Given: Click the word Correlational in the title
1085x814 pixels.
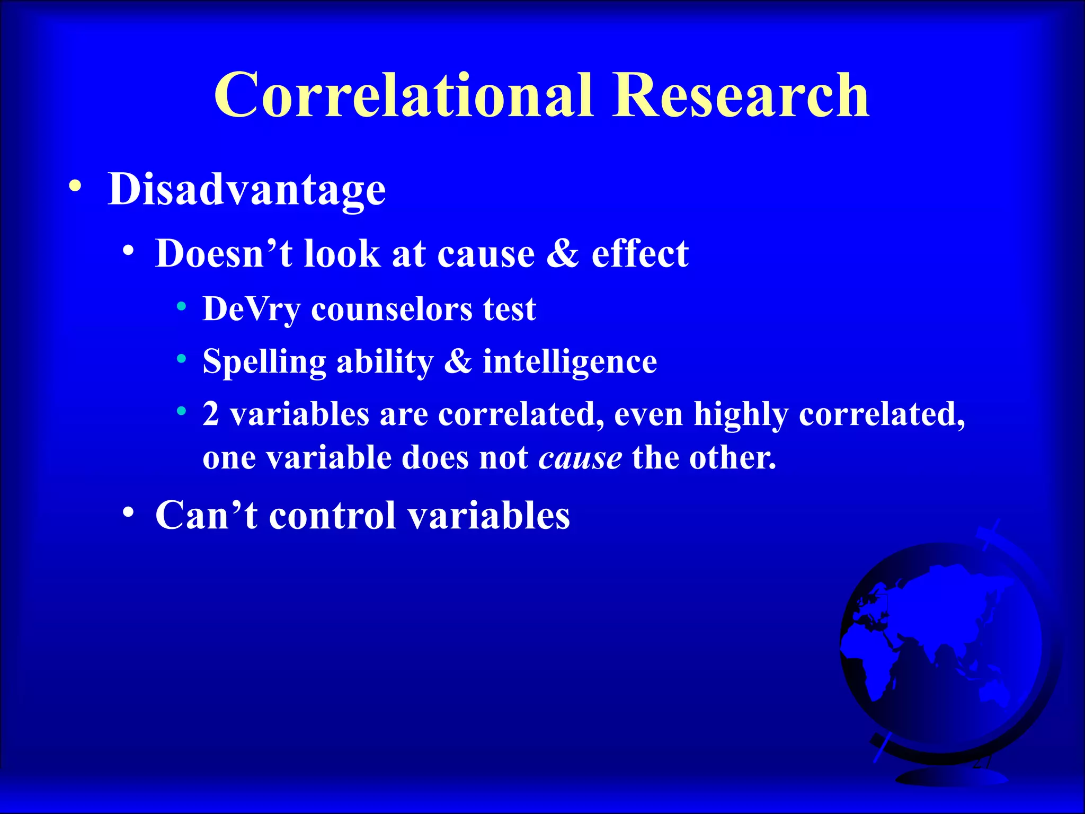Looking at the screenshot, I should [403, 96].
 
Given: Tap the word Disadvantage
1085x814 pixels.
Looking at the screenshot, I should [246, 189].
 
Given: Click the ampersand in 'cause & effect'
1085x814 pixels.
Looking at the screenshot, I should [563, 253].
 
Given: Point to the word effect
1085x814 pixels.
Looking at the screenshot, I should [639, 253].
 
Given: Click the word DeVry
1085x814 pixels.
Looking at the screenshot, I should [251, 309].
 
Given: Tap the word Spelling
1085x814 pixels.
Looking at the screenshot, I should [264, 362].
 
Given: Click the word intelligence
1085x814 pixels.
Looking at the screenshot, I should [570, 361].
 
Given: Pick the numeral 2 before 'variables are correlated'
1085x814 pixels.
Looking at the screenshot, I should [211, 414].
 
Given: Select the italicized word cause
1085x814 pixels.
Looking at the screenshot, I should [580, 457].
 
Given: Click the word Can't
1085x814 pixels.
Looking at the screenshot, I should [206, 515].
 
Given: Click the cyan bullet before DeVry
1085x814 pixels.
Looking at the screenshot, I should [182, 306].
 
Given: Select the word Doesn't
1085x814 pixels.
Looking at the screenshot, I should [223, 253].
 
